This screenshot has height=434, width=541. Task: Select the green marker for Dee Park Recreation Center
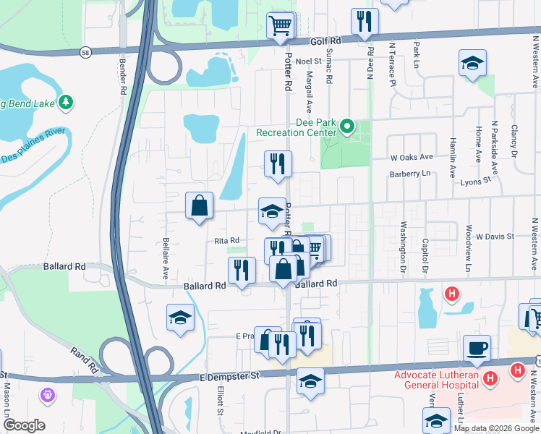347,127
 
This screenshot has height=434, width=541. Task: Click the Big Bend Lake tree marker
66,101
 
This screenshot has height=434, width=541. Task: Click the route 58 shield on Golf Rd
85,52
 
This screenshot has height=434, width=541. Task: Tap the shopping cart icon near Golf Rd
281,26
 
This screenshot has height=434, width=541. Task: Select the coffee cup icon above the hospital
477,349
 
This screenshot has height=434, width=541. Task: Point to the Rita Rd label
226,241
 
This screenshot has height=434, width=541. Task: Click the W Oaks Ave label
412,156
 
